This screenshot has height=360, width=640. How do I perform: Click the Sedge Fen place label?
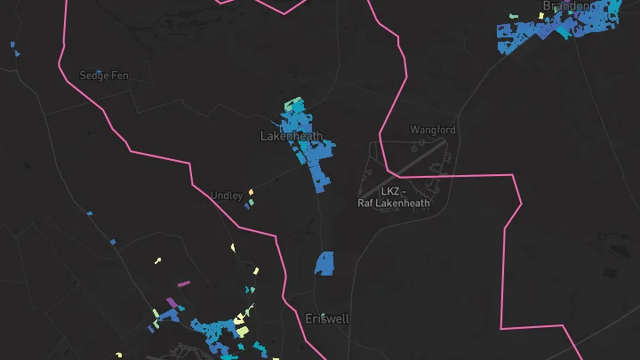104,76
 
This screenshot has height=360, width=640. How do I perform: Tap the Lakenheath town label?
291,136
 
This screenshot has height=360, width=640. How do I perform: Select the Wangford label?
433,130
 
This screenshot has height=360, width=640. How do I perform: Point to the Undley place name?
226,196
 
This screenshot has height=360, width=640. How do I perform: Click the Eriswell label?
327,318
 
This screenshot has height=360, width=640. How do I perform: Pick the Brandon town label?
565,6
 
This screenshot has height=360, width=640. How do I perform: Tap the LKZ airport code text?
389,191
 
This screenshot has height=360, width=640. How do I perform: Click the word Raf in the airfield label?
365,203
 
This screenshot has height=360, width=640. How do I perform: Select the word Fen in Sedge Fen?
119,76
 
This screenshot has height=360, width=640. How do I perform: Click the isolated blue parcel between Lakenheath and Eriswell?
324,263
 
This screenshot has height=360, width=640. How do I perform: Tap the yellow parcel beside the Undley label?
251,191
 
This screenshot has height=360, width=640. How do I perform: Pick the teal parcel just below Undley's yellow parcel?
250,203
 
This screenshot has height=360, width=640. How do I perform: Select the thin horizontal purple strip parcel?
184,284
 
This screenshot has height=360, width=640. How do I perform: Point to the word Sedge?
93,76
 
